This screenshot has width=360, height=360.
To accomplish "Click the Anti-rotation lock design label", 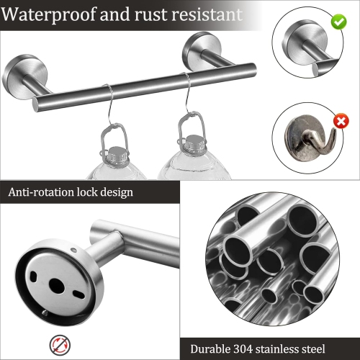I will (x=71, y=192).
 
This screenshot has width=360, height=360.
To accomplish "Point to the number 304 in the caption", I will (x=249, y=349).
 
